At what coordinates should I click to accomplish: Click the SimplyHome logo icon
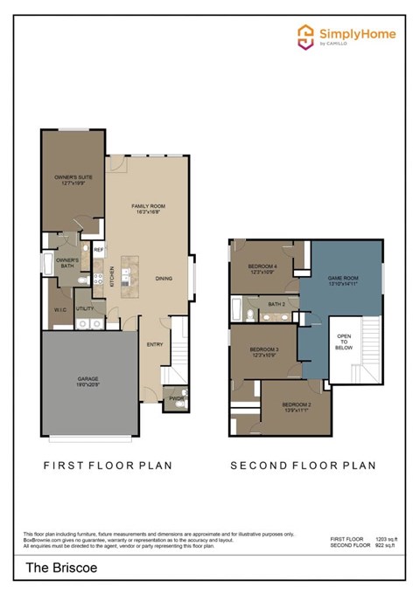(305, 36)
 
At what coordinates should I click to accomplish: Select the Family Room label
(148, 208)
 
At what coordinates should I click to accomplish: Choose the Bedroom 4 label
(262, 268)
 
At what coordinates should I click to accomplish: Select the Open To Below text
(345, 341)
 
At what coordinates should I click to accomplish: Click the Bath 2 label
(276, 304)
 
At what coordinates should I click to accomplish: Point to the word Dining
(164, 279)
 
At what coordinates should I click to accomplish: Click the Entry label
(155, 343)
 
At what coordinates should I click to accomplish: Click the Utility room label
(85, 308)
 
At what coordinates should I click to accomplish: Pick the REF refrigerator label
(98, 250)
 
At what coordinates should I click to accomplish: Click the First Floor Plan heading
(108, 466)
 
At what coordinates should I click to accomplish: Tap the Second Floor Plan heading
(303, 466)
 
